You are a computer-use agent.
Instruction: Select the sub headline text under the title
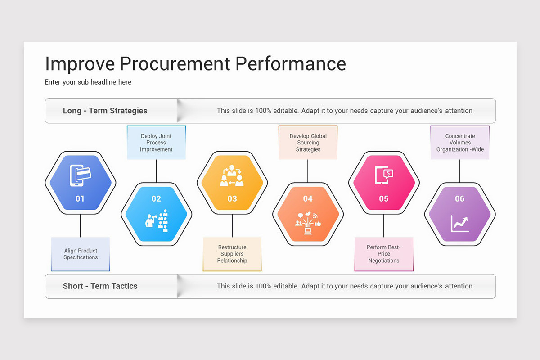click(88, 82)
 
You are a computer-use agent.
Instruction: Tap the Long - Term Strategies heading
click(105, 111)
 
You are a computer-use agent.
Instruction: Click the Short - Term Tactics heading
click(100, 286)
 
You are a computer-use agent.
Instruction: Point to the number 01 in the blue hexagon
click(80, 198)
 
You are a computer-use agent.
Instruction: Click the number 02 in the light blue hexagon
click(156, 199)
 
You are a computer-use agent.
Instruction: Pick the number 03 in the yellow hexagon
click(232, 198)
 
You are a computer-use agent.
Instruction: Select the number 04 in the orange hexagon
click(308, 199)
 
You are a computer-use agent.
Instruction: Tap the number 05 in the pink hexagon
click(384, 198)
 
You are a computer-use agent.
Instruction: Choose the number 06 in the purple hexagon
click(459, 199)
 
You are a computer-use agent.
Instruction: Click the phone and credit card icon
click(81, 175)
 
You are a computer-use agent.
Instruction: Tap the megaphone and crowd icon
click(157, 220)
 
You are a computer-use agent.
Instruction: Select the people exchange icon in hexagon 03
click(232, 176)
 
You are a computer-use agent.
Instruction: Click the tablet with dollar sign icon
click(384, 175)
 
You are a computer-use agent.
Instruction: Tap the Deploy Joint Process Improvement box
click(156, 143)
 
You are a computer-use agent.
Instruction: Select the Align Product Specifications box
click(81, 254)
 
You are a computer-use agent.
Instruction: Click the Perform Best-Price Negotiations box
click(384, 254)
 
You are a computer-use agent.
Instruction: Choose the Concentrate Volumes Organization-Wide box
click(460, 143)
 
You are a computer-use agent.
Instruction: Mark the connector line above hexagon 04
click(308, 171)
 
